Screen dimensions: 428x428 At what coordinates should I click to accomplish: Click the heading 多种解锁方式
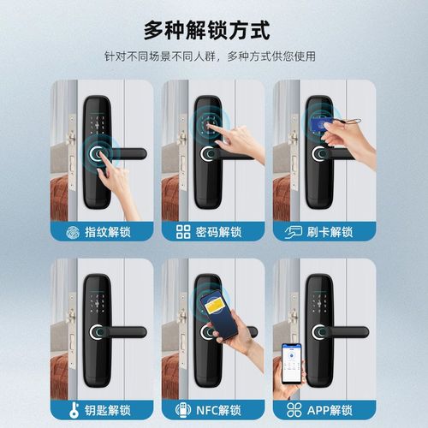tap(214, 31)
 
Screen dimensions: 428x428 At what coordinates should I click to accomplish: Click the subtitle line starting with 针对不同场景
tap(214, 57)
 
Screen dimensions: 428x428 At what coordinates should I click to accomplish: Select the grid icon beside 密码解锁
tap(183, 231)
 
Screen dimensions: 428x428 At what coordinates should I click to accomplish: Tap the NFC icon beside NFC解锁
tap(183, 409)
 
